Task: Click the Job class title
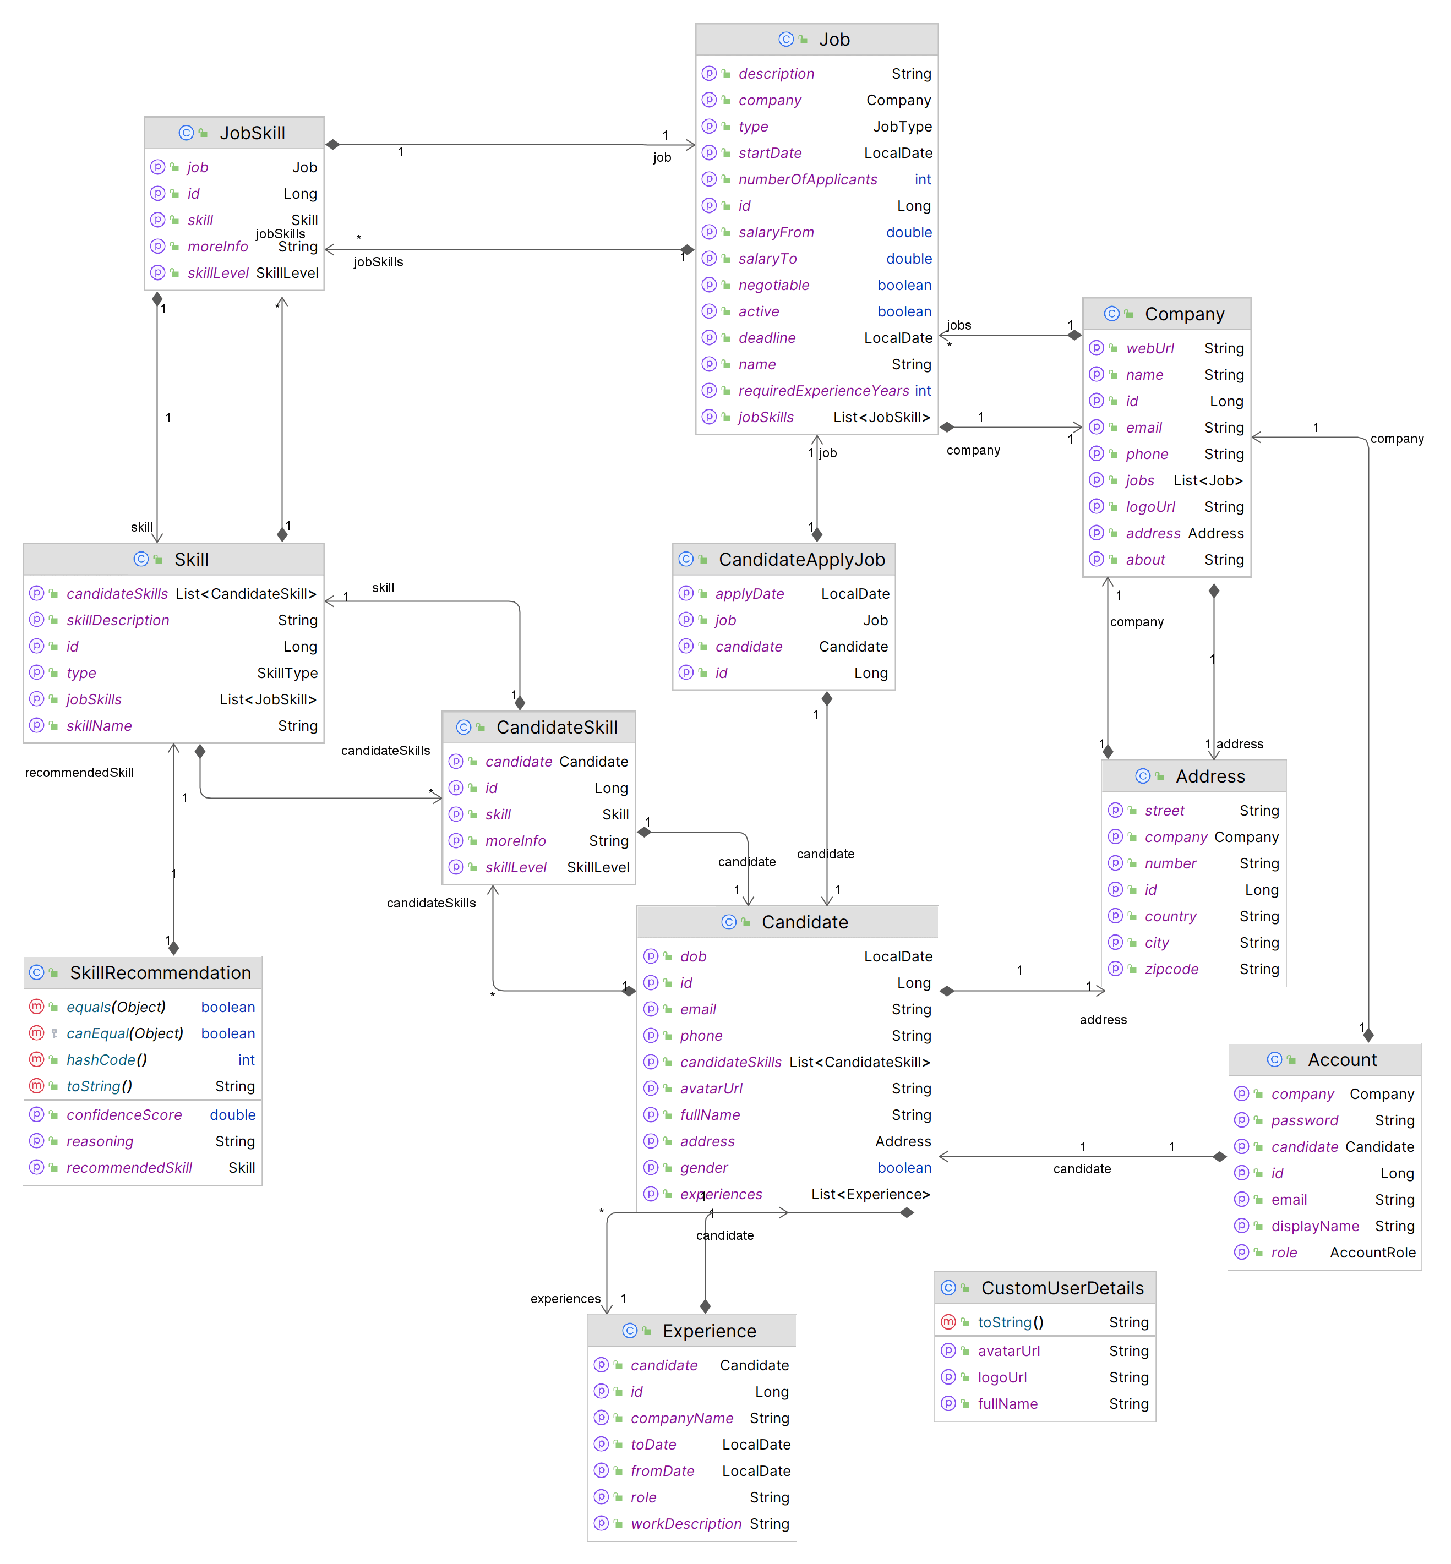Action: (x=834, y=39)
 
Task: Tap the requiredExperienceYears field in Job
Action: (x=823, y=390)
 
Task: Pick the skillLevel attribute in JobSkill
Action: (x=217, y=272)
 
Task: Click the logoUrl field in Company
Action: (x=1150, y=506)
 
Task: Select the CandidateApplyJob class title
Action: (x=801, y=559)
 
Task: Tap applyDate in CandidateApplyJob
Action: (x=749, y=594)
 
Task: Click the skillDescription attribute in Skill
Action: (x=118, y=620)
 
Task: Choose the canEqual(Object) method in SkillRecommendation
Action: (x=125, y=1033)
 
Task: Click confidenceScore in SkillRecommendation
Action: (x=124, y=1115)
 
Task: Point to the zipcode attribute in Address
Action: (x=1171, y=969)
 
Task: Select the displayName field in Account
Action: (x=1315, y=1226)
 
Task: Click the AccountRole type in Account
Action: (x=1372, y=1253)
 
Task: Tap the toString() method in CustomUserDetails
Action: (x=1011, y=1322)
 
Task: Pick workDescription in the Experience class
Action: (x=685, y=1523)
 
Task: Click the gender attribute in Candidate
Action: (x=703, y=1168)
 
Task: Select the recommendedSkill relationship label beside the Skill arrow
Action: (x=79, y=773)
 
